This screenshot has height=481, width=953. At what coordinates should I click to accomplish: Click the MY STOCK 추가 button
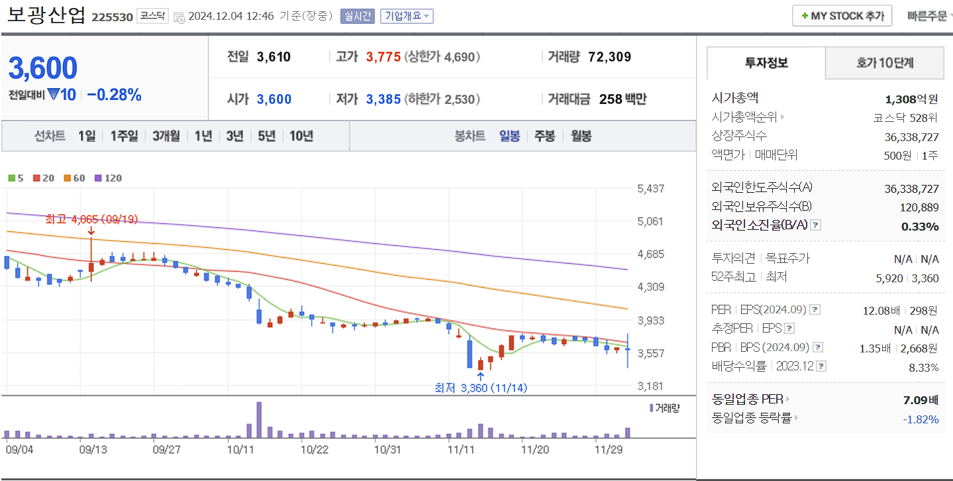(x=842, y=16)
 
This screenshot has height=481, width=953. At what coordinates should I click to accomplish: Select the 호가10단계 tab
(x=884, y=63)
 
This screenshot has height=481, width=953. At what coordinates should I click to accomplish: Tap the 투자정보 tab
(x=766, y=63)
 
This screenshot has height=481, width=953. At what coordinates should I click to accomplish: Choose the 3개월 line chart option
(x=166, y=136)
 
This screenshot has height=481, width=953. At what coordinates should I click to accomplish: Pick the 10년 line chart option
(x=301, y=136)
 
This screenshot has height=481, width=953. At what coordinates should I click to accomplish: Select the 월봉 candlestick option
(x=581, y=136)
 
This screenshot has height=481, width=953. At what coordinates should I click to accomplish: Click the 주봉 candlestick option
(x=544, y=136)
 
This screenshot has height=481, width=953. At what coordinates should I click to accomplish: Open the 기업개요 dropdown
(x=407, y=16)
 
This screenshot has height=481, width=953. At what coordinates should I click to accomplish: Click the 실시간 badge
(x=358, y=16)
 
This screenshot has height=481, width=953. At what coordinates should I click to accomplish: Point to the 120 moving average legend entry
(x=109, y=178)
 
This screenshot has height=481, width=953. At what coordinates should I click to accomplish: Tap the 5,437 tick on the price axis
(x=650, y=189)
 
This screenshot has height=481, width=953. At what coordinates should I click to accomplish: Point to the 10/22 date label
(x=315, y=449)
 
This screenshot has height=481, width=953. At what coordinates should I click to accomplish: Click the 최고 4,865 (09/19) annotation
(x=91, y=219)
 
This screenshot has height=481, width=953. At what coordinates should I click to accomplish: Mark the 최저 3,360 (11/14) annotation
(x=480, y=388)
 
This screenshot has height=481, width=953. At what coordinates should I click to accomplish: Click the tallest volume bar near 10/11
(x=258, y=420)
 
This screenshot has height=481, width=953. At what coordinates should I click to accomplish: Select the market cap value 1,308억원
(x=911, y=99)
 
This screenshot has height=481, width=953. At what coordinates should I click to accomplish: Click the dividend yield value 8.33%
(x=925, y=367)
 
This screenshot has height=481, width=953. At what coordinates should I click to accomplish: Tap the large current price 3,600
(x=43, y=68)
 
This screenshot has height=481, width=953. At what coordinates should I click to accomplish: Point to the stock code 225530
(x=112, y=17)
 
